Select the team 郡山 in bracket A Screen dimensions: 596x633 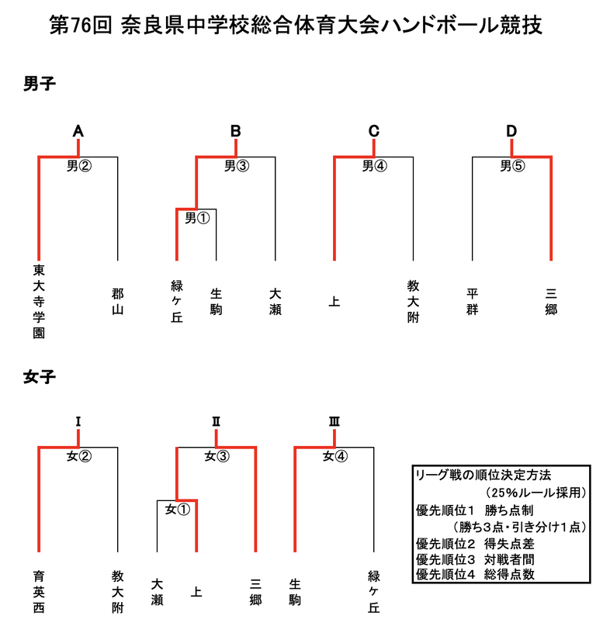coord(117,301)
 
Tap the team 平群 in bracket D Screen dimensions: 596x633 coord(473,301)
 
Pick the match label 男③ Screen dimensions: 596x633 coord(236,165)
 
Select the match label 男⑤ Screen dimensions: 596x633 coord(511,165)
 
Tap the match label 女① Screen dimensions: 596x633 coord(177,510)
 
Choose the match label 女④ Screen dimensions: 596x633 coord(334,456)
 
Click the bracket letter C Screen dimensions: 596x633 coord(373,131)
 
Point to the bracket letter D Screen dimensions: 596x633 coord(511,131)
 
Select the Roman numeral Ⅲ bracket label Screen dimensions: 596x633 coord(334,422)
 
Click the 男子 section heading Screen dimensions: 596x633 coord(40,85)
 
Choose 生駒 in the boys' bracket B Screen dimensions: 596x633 coord(216,301)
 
